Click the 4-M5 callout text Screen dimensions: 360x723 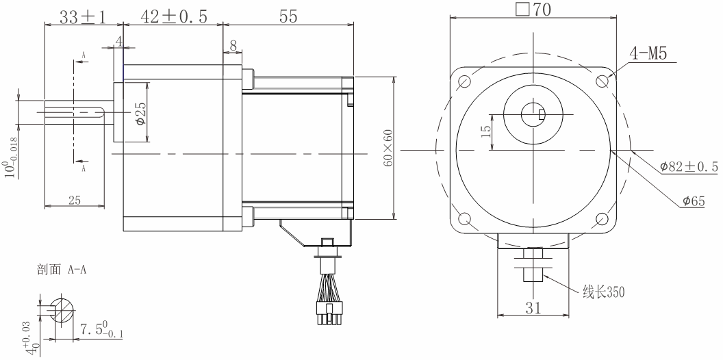tap(648, 54)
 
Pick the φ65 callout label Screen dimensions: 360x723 tap(694, 201)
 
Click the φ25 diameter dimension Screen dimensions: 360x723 tap(141, 113)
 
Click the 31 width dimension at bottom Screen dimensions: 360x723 tap(532, 308)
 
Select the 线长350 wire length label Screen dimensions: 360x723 tap(603, 292)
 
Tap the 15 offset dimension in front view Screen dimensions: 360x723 tap(485, 131)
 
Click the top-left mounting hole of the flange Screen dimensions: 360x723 tap(464, 81)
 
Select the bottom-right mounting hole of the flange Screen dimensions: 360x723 tap(602, 218)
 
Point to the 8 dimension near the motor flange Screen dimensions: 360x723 tap(233, 46)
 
